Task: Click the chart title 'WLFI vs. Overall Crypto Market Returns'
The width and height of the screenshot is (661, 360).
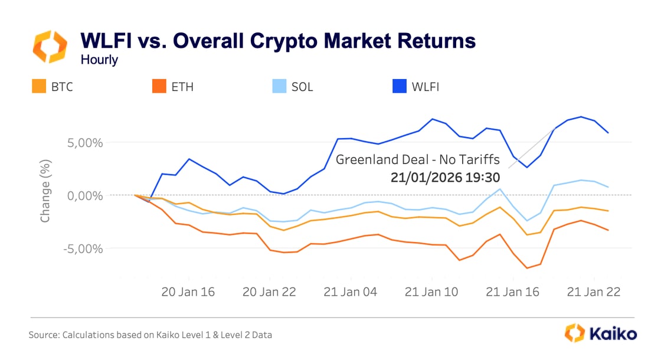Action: (x=277, y=41)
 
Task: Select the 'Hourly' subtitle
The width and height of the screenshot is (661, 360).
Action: (x=99, y=60)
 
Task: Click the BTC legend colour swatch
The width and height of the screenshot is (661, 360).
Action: (x=39, y=87)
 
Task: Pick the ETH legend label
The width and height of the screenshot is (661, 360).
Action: (x=182, y=87)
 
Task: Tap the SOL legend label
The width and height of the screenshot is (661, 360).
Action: (x=302, y=87)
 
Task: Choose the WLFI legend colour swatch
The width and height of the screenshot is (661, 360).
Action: (x=400, y=87)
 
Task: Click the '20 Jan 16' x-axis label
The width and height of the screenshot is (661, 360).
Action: (x=188, y=292)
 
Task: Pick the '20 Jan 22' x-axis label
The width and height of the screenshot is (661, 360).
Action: (x=269, y=292)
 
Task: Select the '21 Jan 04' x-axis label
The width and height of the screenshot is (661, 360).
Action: (x=351, y=292)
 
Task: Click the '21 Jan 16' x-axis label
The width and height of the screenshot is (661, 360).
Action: (x=512, y=292)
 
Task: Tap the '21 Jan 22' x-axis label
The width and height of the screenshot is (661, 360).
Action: (x=593, y=292)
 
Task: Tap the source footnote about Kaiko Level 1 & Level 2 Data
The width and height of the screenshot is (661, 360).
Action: (x=150, y=335)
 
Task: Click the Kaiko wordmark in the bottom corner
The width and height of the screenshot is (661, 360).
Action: (x=611, y=333)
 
